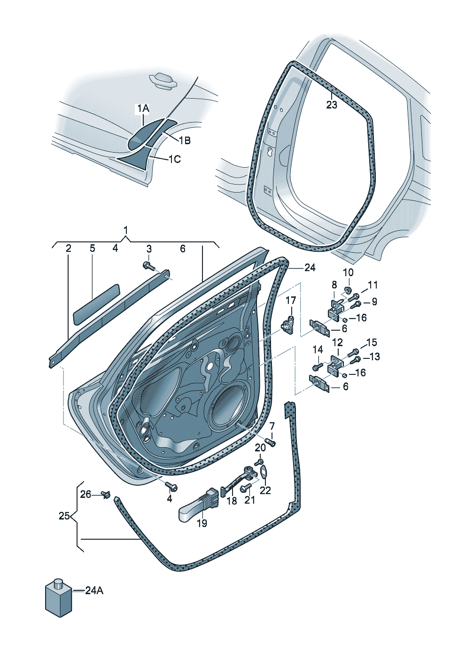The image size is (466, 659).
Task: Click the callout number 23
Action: (332, 105)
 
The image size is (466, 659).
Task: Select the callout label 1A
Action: (143, 109)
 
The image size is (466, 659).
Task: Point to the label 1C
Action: (175, 159)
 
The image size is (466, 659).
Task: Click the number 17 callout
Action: (291, 301)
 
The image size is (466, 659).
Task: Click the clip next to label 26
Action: (105, 494)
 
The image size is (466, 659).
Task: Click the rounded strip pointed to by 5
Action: (96, 304)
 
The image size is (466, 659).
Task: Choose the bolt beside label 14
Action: (317, 367)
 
